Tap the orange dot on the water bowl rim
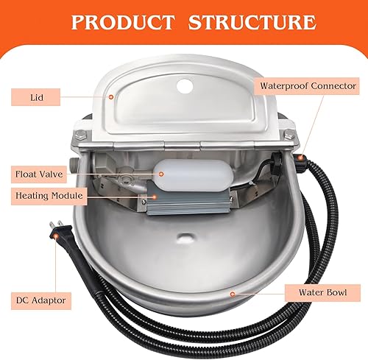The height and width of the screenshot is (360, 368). [x=233, y=293]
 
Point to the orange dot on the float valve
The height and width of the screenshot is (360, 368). [x=160, y=174]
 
